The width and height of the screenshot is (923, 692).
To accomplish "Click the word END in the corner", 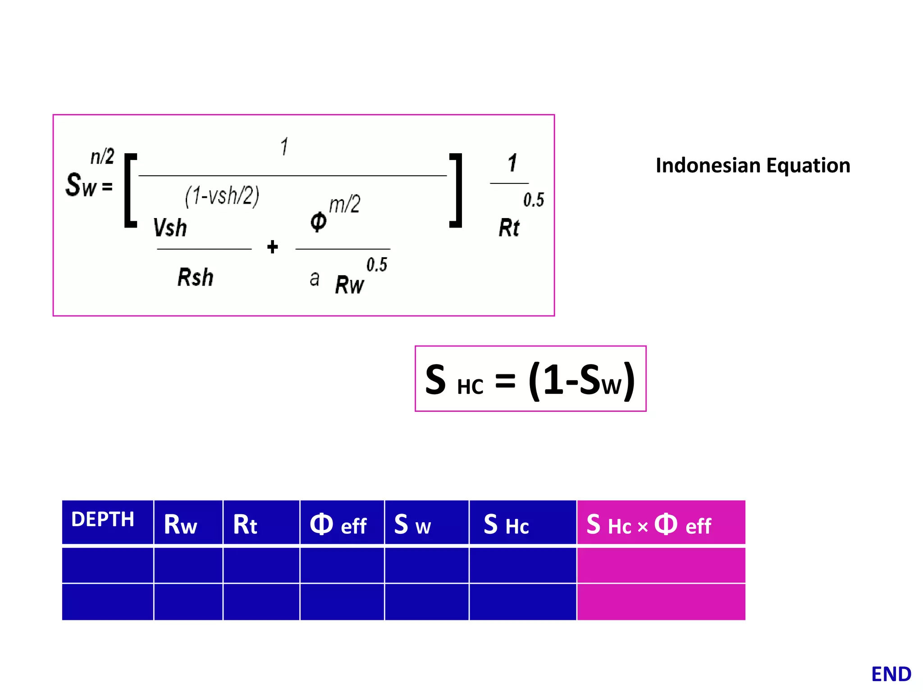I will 891,674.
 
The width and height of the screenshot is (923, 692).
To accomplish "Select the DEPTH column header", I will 103,519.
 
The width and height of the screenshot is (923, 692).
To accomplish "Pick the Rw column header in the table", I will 180,525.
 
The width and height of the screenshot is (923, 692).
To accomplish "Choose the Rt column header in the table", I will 245,525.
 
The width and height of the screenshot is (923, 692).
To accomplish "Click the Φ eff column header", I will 338,525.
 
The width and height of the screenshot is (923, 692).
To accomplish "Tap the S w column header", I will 412,525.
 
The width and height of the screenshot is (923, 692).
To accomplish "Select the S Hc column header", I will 506,525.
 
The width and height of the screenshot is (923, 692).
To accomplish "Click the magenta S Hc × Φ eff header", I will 649,525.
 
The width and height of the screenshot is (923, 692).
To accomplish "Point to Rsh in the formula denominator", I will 195,277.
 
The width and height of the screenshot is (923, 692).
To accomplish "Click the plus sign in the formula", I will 272,247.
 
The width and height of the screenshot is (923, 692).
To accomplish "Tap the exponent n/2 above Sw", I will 102,157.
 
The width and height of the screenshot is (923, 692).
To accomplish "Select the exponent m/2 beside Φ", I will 345,204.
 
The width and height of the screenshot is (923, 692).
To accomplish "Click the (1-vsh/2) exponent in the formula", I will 222,196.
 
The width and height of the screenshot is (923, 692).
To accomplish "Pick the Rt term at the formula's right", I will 509,228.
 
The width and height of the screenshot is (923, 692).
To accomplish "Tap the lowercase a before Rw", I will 315,279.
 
